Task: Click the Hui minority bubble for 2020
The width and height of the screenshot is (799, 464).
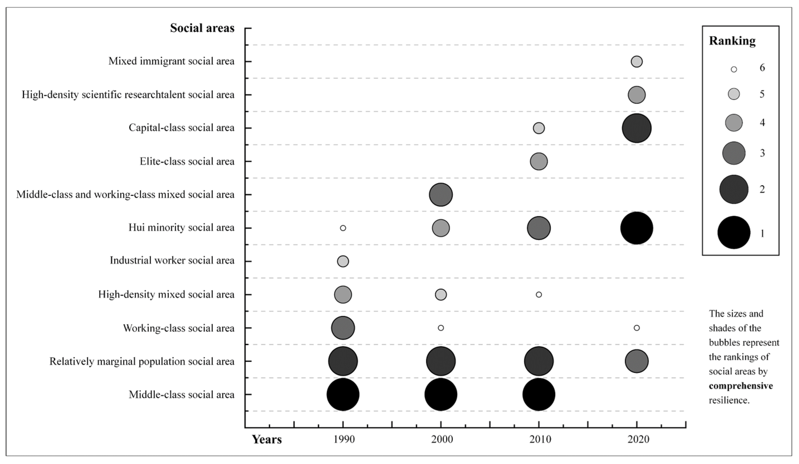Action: (636, 228)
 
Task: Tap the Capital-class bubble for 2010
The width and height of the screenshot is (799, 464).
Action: (538, 128)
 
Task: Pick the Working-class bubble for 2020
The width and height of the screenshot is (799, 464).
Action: (636, 328)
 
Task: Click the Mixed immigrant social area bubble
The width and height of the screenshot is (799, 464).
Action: (636, 62)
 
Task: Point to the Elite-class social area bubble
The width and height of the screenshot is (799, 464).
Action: (538, 161)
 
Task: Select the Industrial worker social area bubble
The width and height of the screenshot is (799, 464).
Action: (343, 261)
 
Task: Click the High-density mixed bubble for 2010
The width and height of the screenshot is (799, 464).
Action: (538, 295)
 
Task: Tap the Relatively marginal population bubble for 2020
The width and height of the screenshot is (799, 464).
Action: (636, 361)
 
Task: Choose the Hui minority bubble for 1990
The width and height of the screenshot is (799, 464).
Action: (343, 228)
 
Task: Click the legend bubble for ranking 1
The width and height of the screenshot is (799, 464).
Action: (734, 233)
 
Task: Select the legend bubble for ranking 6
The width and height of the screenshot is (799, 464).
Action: (734, 69)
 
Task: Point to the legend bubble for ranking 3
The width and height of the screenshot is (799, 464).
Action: (734, 153)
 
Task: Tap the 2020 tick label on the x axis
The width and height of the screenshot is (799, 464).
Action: (638, 439)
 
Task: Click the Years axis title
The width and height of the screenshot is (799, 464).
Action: (267, 439)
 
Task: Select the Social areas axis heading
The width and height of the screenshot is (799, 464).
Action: (202, 28)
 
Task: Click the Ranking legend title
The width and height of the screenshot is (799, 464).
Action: (732, 41)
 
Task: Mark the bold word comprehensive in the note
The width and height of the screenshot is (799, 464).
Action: (741, 386)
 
